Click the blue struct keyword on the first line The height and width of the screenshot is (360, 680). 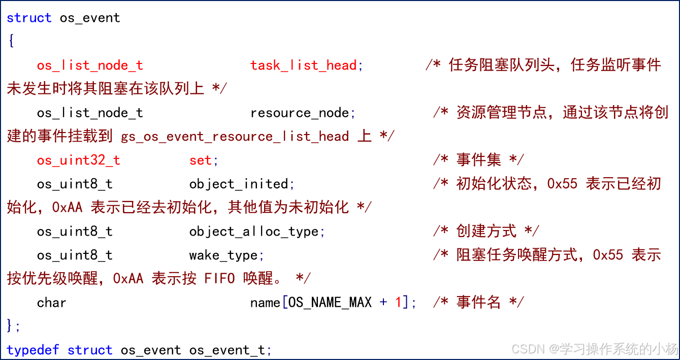[29, 18]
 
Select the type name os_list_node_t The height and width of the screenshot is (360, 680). [90, 66]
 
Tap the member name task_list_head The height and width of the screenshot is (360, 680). [303, 66]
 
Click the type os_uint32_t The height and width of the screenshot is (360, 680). [78, 160]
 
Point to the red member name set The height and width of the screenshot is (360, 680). [201, 160]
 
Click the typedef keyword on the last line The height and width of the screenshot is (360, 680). [33, 350]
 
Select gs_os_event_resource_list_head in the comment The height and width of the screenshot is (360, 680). [235, 137]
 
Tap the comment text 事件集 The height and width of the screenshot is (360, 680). [478, 160]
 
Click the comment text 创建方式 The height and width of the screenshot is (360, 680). [486, 232]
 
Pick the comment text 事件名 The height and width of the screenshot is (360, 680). [478, 303]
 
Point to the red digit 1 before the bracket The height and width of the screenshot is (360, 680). [399, 303]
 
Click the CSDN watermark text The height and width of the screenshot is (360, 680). [527, 348]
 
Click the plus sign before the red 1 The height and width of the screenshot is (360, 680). [383, 303]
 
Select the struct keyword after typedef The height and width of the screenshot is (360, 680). [90, 350]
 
